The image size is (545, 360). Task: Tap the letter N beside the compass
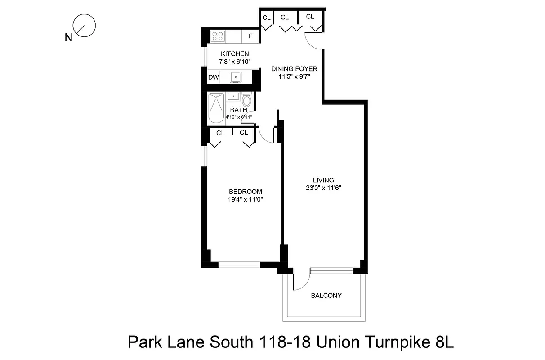(x=68, y=38)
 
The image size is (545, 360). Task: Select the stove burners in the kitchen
(x=219, y=36)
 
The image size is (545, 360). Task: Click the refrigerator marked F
(x=250, y=36)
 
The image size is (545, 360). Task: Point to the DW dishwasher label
(x=214, y=77)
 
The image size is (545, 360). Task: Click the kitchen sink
(x=235, y=77)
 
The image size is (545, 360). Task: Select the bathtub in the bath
(x=216, y=108)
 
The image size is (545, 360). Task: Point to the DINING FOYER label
(x=294, y=69)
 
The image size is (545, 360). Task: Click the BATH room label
(x=238, y=110)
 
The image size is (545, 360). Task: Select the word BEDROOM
(x=245, y=191)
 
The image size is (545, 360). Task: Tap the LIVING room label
(x=324, y=180)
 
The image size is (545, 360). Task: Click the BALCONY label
(x=326, y=296)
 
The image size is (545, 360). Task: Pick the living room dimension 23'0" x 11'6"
(x=324, y=188)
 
